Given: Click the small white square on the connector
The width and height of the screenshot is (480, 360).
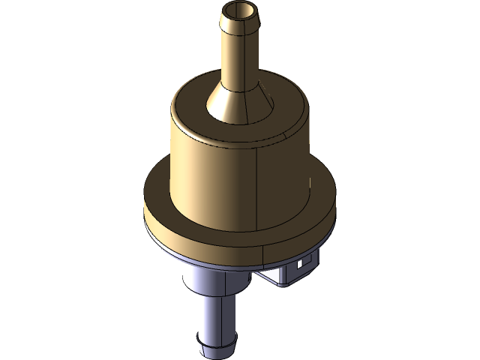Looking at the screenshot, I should point(301,264).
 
